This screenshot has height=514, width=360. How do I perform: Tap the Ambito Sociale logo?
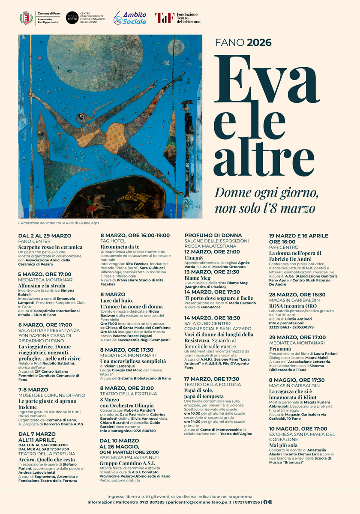pos(130,18)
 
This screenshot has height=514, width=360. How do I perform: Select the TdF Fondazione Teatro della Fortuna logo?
pos(176,18)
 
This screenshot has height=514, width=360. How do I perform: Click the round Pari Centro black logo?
pos(72,18)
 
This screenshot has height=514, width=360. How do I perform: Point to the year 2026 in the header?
pos(259,42)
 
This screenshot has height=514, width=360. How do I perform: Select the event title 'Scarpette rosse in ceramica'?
pos(50,247)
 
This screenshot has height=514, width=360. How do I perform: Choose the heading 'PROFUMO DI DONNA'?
pos(213,236)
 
